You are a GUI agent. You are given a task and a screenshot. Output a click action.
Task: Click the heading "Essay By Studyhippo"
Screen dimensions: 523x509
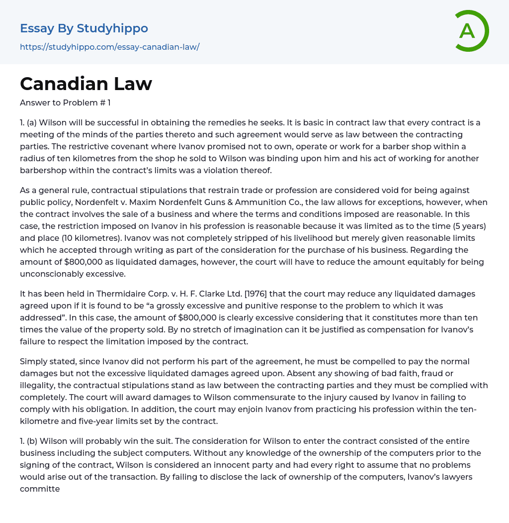coord(84,28)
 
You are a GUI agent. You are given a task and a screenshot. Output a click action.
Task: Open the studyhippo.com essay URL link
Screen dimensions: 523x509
coord(109,47)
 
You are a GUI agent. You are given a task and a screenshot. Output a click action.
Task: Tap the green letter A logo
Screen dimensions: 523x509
coord(468,31)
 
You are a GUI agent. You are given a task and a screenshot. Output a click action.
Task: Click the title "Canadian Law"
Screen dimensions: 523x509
coord(86,84)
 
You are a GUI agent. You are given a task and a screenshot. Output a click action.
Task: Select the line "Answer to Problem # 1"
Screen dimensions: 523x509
coord(65,103)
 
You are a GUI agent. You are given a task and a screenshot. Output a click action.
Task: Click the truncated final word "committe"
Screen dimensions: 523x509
coord(40,489)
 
